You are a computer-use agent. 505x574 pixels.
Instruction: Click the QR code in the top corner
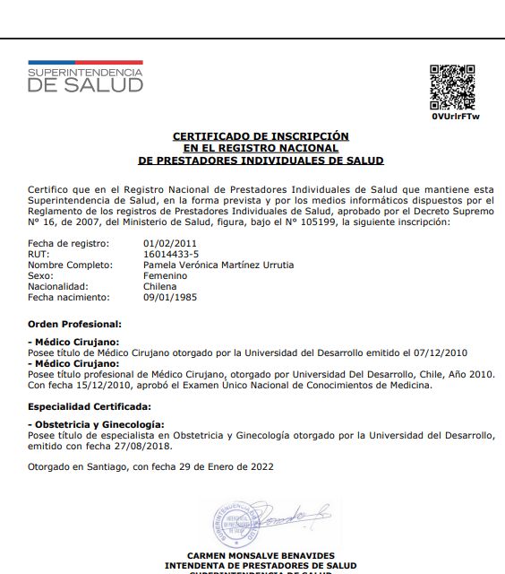click(453, 88)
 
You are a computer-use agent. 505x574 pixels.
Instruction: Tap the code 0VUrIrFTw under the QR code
click(456, 117)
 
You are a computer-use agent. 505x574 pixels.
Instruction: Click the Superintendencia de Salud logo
click(85, 79)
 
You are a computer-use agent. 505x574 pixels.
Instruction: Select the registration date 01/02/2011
click(169, 243)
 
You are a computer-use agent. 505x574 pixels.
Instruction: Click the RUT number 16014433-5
click(171, 254)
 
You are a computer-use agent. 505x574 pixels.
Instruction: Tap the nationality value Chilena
click(162, 286)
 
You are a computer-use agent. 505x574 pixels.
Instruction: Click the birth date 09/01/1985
click(169, 297)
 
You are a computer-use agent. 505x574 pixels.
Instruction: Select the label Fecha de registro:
click(68, 243)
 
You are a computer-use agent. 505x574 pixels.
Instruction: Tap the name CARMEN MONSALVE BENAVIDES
click(261, 556)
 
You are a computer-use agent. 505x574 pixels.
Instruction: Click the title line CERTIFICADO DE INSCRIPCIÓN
click(261, 136)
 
